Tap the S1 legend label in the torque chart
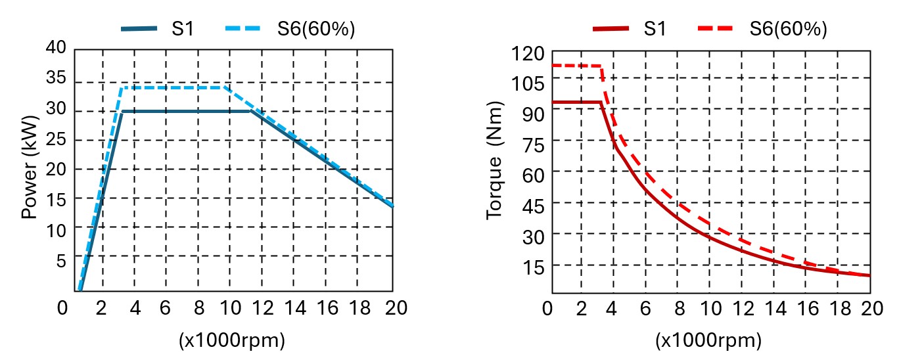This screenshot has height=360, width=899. (x=655, y=30)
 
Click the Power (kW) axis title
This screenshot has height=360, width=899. (x=30, y=168)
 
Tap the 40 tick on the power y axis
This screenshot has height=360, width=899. (x=57, y=47)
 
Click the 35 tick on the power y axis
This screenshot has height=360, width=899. (x=57, y=78)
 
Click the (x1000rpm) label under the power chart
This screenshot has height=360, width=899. (x=231, y=340)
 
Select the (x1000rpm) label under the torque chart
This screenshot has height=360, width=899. (x=708, y=340)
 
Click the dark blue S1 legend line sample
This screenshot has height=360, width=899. (x=139, y=29)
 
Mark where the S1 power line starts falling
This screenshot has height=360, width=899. (x=251, y=111)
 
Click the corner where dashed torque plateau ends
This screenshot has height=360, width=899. (x=601, y=66)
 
